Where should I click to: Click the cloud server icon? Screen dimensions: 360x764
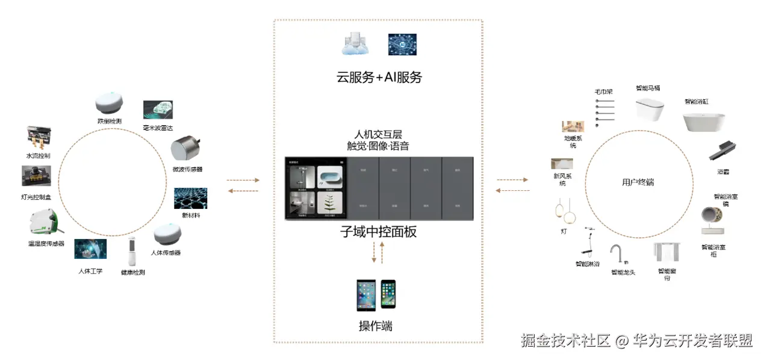click(356, 45)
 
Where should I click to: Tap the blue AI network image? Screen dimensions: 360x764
click(402, 45)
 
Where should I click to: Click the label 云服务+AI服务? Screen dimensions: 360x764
click(379, 77)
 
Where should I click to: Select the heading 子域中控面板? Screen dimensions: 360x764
click(379, 232)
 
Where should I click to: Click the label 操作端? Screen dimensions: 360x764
click(376, 326)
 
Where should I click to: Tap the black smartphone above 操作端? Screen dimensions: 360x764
click(388, 294)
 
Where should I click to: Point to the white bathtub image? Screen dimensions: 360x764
click(703, 122)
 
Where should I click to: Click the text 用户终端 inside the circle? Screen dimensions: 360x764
click(638, 182)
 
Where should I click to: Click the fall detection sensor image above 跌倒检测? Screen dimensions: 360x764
click(110, 104)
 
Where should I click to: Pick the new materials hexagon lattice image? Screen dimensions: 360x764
click(190, 198)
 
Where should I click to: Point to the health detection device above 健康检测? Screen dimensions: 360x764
click(132, 252)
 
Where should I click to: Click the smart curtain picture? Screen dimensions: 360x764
click(667, 253)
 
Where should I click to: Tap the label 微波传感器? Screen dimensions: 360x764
click(187, 169)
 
